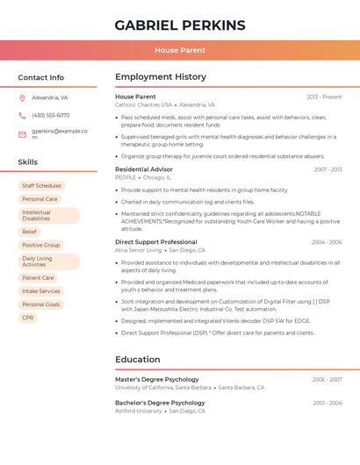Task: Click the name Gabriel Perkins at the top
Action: click(x=180, y=25)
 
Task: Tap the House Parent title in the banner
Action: click(x=180, y=50)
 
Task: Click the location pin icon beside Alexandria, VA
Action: click(x=22, y=97)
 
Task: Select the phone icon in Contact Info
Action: click(x=22, y=115)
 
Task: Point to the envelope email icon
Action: click(x=22, y=134)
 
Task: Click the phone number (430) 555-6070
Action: click(x=50, y=115)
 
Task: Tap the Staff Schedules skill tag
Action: click(x=41, y=186)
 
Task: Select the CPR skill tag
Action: click(x=28, y=318)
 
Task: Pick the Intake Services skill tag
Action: click(x=41, y=290)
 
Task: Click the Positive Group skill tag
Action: click(x=41, y=245)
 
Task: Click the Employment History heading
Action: click(x=161, y=77)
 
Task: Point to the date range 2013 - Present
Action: click(x=324, y=97)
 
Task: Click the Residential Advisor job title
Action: click(x=144, y=168)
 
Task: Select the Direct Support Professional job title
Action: click(x=156, y=241)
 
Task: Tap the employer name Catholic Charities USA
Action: click(x=143, y=104)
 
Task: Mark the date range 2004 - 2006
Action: click(x=327, y=242)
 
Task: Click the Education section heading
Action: click(x=138, y=359)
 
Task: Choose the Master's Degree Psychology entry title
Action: click(x=157, y=379)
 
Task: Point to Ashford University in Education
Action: click(x=139, y=411)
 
